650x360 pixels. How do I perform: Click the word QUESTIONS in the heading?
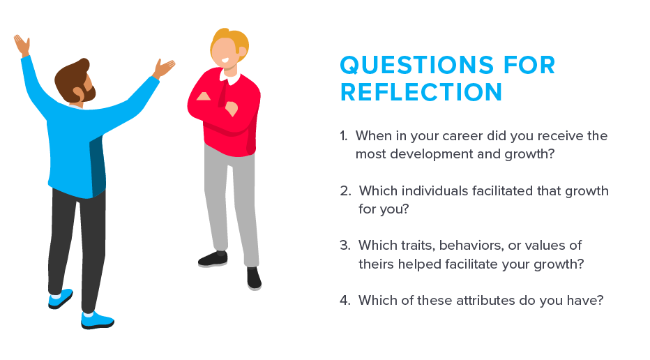coord(416,65)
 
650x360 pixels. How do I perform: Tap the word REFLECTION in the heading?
coord(421,92)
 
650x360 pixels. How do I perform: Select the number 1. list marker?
coord(344,136)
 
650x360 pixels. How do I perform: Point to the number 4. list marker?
coord(345,300)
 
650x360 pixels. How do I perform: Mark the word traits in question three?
coord(418,246)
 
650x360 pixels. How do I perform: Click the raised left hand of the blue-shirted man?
coord(22,45)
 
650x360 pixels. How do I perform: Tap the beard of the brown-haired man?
coord(87,91)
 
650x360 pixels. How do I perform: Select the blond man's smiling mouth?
coord(225,60)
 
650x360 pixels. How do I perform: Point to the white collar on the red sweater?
coord(230,76)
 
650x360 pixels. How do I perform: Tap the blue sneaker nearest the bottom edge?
coord(97,321)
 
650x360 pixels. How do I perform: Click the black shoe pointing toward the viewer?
coord(254,278)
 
